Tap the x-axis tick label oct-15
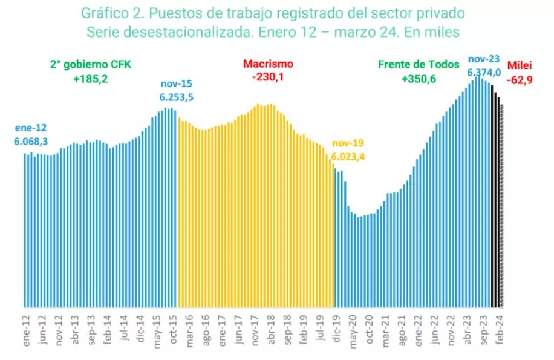[x=173, y=330]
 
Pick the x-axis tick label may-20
[x=351, y=330]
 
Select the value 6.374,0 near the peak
[x=484, y=73]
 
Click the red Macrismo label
[x=268, y=64]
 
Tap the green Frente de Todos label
[x=419, y=64]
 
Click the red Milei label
[x=520, y=65]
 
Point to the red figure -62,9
[x=520, y=77]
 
